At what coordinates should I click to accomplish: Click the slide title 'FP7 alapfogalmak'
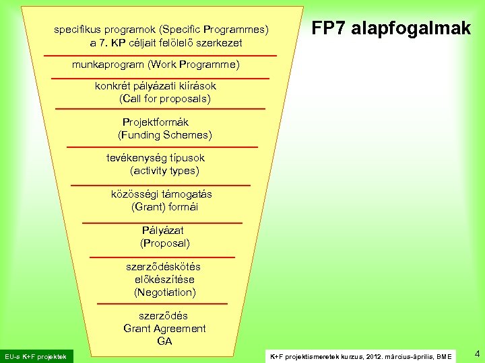point(391,28)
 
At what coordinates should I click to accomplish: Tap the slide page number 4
point(476,354)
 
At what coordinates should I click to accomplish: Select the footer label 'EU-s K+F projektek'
point(36,356)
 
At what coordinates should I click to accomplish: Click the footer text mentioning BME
point(360,356)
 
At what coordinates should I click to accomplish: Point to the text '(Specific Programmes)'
point(214,30)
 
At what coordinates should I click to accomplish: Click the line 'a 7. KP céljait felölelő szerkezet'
point(166,43)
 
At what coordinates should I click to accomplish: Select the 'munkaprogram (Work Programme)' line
point(156,65)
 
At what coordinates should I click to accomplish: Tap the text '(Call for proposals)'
point(165,99)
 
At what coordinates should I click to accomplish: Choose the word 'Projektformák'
point(156,122)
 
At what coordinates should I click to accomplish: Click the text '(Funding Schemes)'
point(165,135)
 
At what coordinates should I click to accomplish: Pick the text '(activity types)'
point(165,171)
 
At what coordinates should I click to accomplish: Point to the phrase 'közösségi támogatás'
point(162,194)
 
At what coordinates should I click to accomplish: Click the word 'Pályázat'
point(163,231)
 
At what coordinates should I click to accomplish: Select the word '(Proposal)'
point(165,243)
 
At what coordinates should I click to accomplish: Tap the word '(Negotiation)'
point(165,292)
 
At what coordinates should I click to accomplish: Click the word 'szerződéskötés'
point(165,267)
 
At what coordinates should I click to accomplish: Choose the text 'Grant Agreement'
point(165,329)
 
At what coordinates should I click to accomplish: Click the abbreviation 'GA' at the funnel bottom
point(165,341)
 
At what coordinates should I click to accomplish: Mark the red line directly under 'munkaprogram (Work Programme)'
point(160,79)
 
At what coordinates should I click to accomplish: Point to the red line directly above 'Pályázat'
point(162,222)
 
